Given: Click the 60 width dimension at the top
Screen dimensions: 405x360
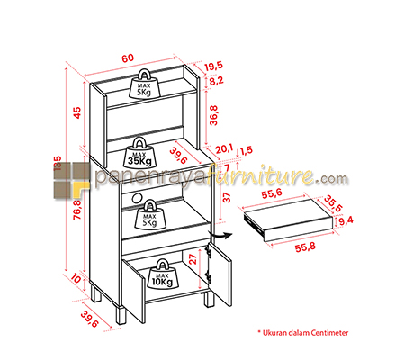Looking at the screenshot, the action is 128,58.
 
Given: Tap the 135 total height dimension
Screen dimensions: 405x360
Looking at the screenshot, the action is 58,164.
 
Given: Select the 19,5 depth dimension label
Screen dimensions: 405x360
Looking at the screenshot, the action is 214,66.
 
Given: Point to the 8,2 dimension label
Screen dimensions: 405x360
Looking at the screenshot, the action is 216,81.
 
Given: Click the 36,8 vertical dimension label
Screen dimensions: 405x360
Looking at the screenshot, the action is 213,115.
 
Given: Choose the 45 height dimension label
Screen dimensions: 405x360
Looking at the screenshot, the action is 77,112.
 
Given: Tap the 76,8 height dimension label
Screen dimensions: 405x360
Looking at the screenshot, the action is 77,210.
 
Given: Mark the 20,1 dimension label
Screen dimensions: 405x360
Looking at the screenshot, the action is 224,149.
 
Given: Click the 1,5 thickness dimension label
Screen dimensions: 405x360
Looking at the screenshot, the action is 247,150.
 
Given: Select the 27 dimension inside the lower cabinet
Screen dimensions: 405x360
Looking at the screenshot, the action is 193,258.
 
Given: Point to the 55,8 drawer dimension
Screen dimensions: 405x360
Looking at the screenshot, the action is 305,247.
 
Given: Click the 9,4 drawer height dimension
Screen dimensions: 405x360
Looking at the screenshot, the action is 346,220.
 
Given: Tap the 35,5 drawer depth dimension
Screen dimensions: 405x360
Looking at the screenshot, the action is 333,203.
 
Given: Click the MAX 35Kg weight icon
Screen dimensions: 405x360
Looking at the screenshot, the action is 139,153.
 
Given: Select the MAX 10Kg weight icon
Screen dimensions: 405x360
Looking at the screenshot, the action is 162,274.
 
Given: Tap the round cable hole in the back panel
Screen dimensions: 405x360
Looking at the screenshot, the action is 137,198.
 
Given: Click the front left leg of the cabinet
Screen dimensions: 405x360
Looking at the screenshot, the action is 121,315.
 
